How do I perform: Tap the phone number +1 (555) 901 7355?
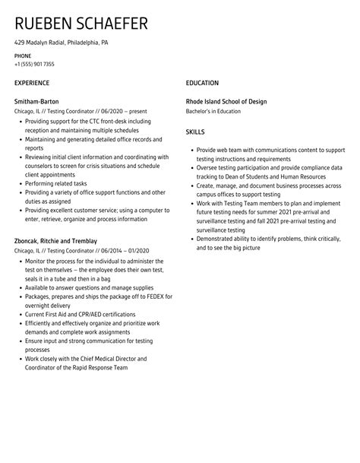34,65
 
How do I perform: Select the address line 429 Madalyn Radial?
62,43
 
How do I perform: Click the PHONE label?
23,56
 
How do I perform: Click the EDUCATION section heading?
202,83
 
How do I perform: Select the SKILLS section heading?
196,132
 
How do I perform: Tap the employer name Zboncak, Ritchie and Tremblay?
55,242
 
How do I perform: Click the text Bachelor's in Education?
213,111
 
